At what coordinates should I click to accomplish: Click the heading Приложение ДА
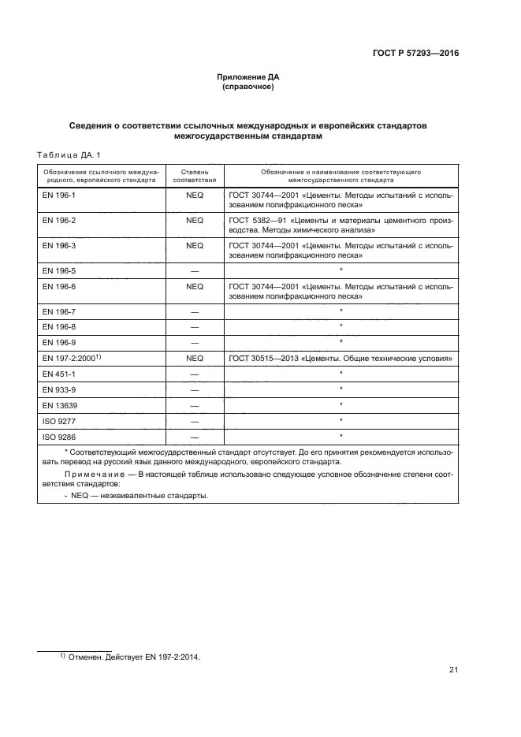coord(248,76)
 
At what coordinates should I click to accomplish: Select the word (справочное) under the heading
coord(248,87)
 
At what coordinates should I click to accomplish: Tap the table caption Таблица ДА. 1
coord(69,154)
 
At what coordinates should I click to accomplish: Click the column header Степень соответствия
coord(195,174)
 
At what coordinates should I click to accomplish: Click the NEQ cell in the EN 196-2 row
coord(195,221)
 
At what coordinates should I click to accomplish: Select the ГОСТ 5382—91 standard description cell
coord(341,226)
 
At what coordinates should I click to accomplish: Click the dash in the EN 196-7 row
coord(195,313)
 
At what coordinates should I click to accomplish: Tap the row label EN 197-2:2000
coord(68,358)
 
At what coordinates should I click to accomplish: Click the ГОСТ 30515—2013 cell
coord(341,358)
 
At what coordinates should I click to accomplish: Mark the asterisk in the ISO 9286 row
coord(341,435)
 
